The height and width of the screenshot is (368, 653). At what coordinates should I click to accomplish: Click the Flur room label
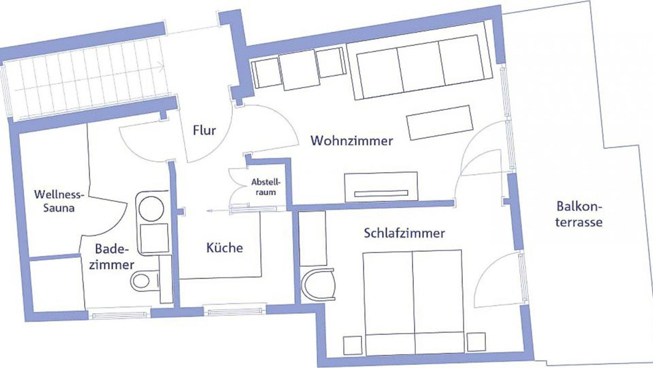[204, 130]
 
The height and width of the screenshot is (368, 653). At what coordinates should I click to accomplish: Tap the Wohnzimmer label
[352, 141]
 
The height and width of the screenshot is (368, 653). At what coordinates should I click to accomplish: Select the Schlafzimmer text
[404, 233]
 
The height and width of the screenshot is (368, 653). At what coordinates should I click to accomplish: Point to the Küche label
[225, 248]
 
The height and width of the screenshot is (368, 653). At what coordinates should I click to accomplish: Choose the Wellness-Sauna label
[59, 201]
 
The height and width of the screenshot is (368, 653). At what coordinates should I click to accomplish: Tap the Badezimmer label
[111, 257]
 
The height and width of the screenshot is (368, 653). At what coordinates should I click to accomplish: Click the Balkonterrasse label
[579, 214]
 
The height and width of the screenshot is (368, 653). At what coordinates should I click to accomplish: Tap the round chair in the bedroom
[318, 285]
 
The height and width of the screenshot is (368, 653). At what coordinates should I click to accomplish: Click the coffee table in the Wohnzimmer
[439, 123]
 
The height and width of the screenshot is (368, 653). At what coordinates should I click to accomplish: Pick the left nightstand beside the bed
[353, 345]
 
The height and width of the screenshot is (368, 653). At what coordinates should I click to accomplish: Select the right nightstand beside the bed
[476, 342]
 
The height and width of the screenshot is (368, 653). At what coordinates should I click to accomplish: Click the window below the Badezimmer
[119, 313]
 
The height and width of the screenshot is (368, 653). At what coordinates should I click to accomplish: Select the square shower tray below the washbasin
[154, 238]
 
